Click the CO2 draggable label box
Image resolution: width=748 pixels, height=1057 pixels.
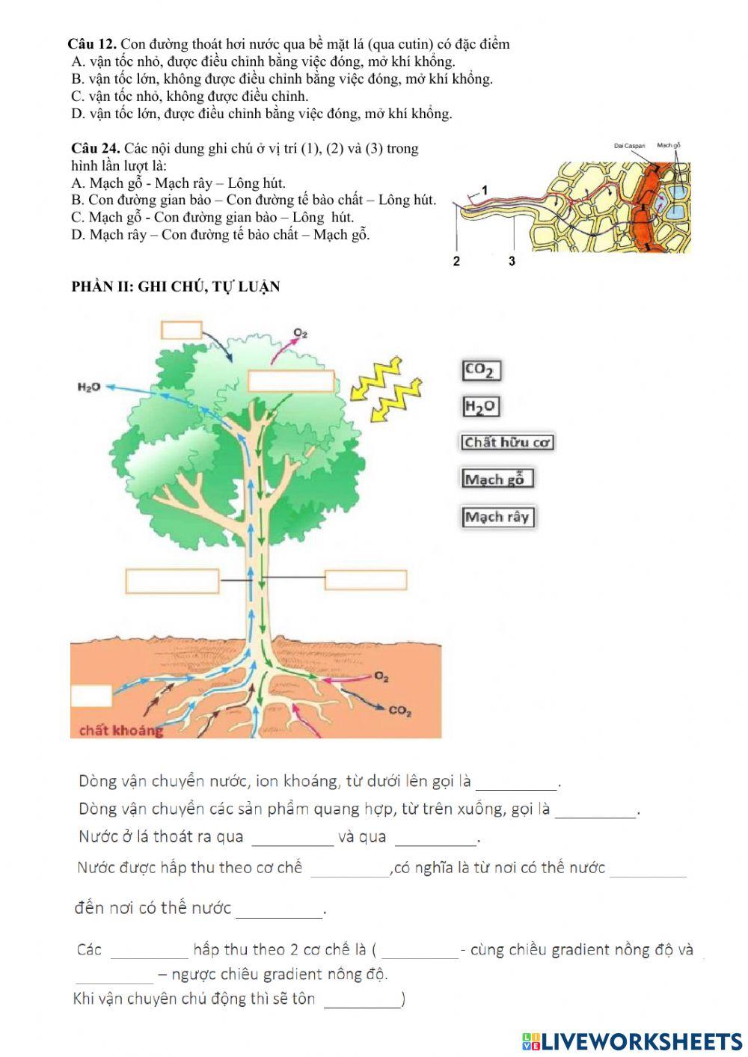tap(480, 370)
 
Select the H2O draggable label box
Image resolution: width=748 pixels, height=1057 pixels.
tap(480, 406)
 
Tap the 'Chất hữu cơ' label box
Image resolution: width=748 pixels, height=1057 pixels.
tap(507, 442)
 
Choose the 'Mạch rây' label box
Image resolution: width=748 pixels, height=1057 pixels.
tap(497, 516)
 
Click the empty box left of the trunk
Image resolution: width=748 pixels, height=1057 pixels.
tap(172, 580)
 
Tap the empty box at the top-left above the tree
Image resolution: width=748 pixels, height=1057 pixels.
tap(182, 330)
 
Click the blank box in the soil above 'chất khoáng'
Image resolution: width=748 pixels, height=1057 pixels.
tap(91, 695)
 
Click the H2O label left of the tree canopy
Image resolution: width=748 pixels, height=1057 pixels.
tap(89, 387)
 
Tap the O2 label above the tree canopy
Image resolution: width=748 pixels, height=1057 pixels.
tap(301, 333)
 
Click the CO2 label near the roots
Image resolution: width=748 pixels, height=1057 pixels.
tap(400, 711)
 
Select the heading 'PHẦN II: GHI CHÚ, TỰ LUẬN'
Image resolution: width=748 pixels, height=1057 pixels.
tap(175, 287)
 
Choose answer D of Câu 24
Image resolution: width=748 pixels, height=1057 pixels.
tap(220, 235)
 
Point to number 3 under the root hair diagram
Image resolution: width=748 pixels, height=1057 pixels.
tap(512, 261)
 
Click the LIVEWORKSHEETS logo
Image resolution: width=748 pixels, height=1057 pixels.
tap(632, 1041)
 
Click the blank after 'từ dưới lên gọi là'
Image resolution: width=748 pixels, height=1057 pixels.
tap(517, 783)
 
